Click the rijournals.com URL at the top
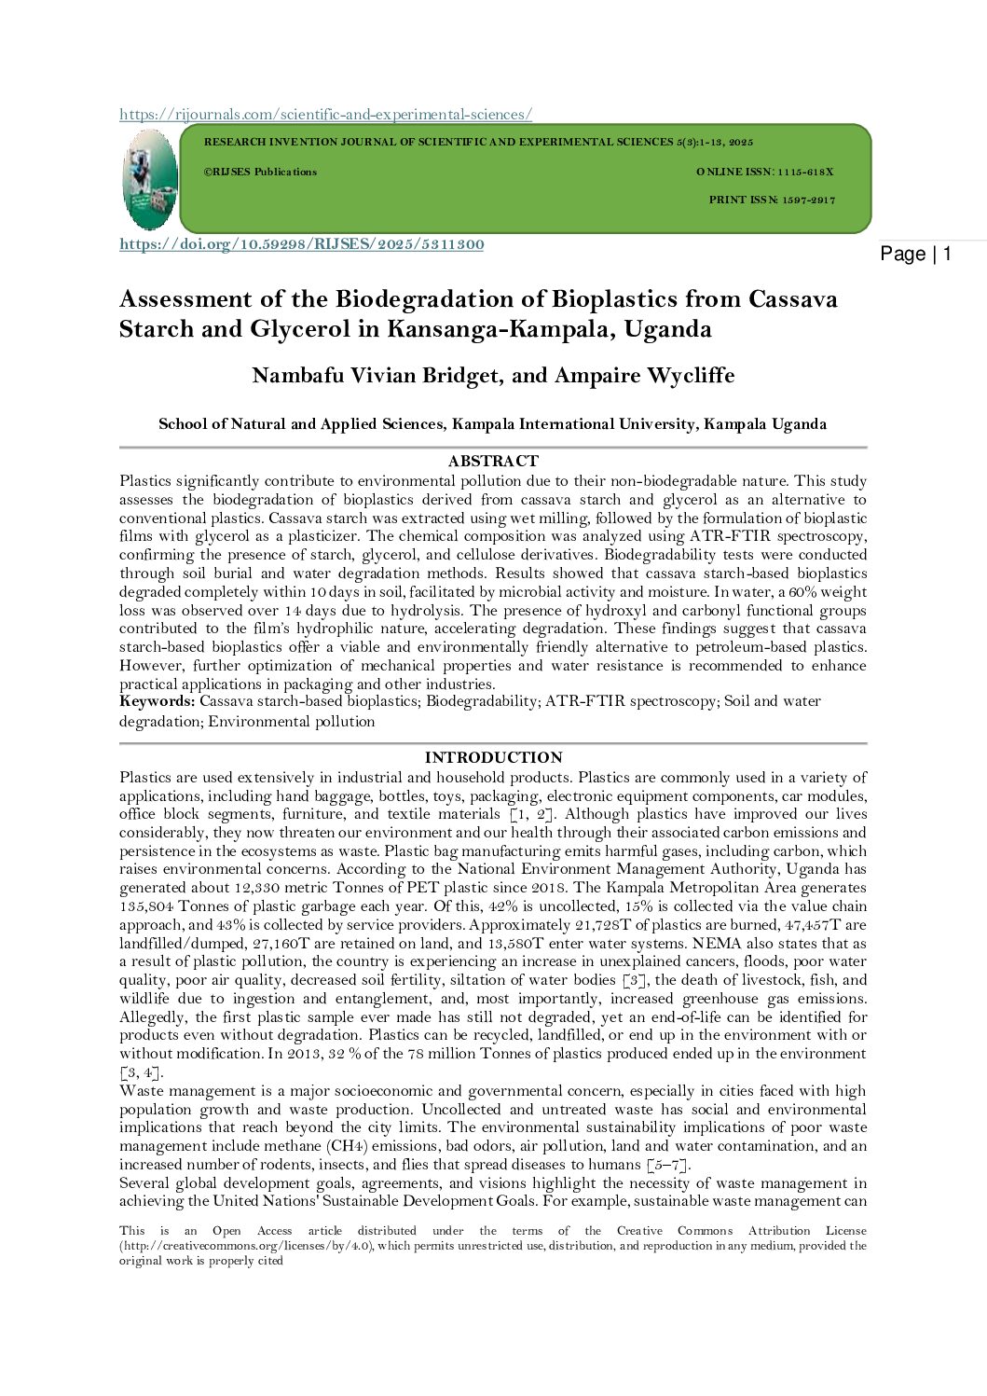[325, 114]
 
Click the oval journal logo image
[149, 179]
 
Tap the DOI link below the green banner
[301, 244]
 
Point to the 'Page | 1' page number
[915, 254]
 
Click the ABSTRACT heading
[493, 461]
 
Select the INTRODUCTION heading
[493, 757]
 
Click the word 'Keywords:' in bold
[157, 701]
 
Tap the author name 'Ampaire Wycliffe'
[644, 376]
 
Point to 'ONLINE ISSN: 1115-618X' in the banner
[764, 172]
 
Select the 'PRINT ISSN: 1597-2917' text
[772, 200]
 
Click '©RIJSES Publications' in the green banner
[260, 172]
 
